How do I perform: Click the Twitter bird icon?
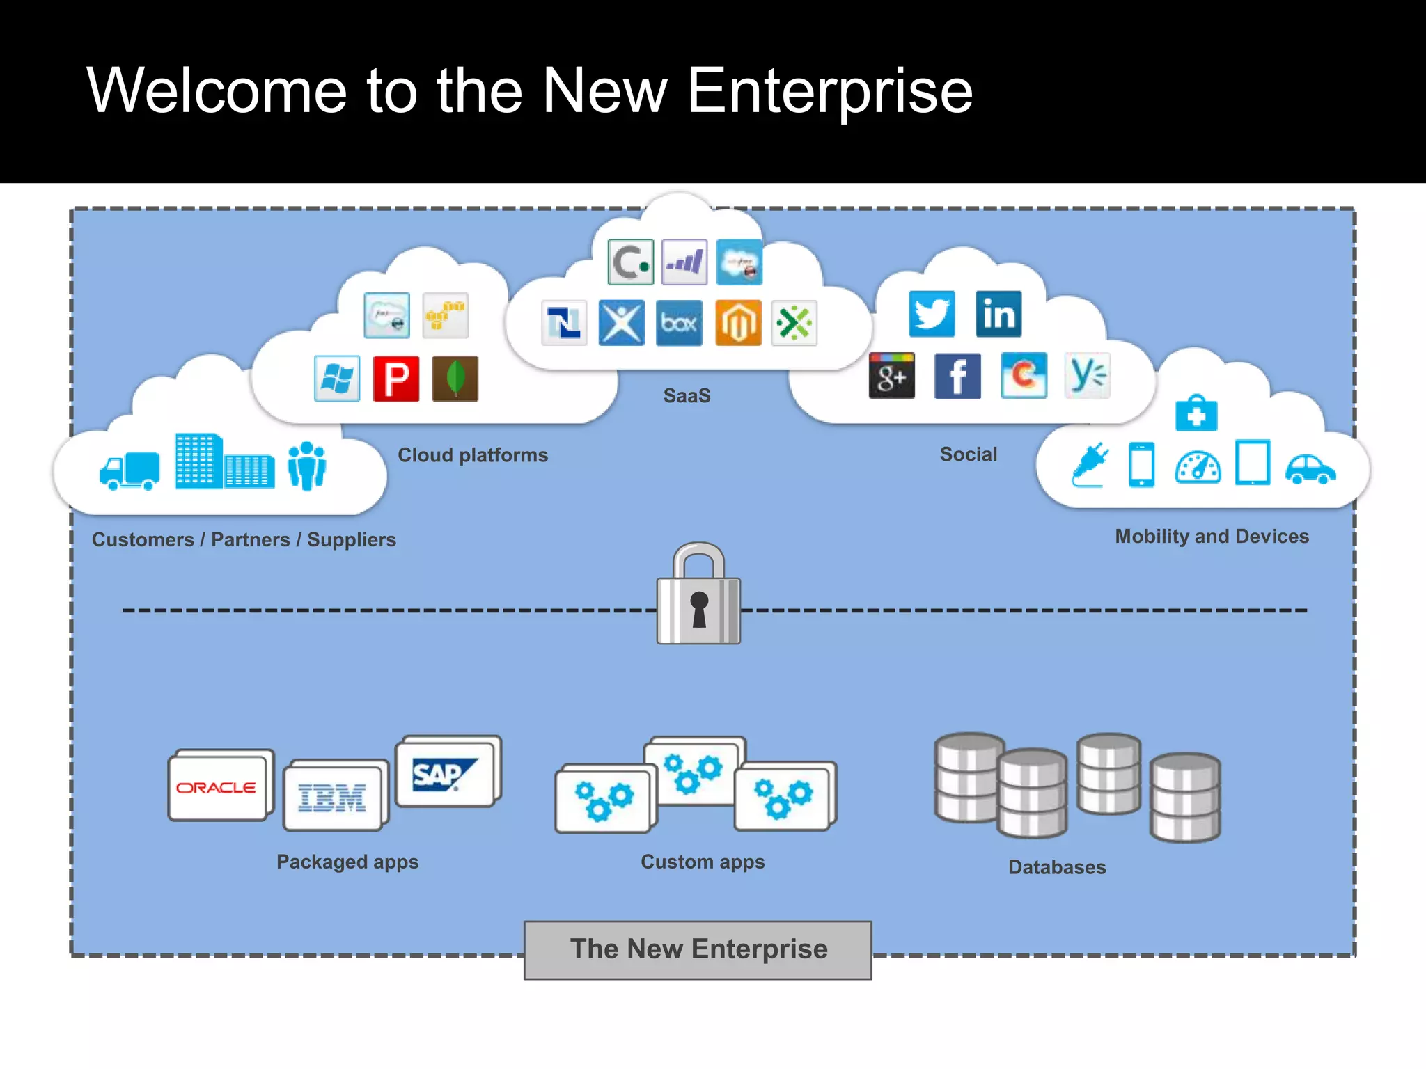931,314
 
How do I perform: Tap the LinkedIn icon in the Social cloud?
998,314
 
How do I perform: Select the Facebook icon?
957,376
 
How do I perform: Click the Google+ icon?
891,376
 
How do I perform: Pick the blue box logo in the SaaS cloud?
679,323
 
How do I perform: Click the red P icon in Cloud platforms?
396,379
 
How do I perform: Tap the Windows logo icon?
337,379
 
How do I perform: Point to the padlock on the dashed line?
698,596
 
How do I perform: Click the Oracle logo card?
217,787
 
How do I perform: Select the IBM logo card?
333,797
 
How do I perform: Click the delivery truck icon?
130,471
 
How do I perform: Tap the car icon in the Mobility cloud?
1310,469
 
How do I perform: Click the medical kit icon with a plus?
1196,413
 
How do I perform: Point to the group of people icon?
306,466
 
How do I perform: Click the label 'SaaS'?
687,396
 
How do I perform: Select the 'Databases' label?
1056,867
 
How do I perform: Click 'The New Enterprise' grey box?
698,950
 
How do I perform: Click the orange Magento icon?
738,323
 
